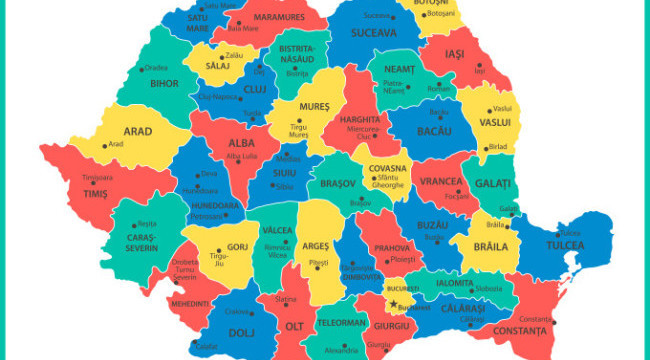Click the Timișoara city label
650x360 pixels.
pyautogui.click(x=97, y=177)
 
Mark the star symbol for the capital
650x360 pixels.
pyautogui.click(x=393, y=305)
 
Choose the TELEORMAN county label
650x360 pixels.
pyautogui.click(x=342, y=323)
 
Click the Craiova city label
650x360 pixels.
pyautogui.click(x=238, y=312)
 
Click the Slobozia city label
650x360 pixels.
pyautogui.click(x=489, y=289)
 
